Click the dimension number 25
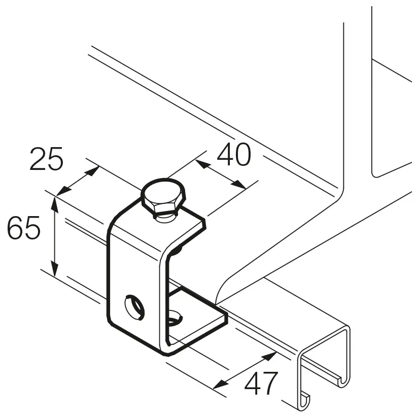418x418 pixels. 46,159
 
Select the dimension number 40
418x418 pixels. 234,154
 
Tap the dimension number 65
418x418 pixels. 23,227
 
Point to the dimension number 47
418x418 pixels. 261,384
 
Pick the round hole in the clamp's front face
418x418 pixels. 134,307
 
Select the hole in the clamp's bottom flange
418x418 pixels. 175,317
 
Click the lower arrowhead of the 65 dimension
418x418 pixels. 55,269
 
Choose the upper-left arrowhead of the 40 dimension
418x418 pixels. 202,164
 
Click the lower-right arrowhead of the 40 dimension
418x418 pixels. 239,185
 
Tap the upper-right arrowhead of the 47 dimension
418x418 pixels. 269,356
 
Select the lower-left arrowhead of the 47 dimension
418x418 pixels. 221,384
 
